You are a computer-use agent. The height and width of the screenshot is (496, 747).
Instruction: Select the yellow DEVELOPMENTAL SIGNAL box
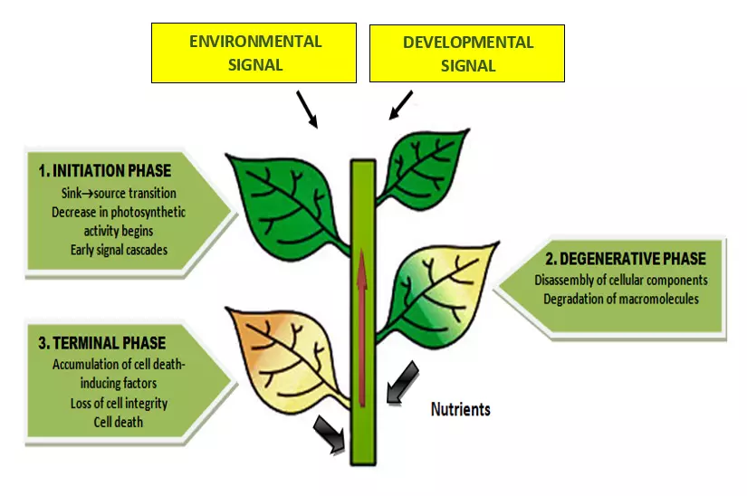(467, 53)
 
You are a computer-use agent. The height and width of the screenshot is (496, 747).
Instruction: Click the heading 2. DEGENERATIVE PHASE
(620, 259)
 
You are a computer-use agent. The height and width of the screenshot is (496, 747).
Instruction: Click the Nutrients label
(460, 409)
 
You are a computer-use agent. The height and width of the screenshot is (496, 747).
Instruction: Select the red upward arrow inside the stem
(362, 326)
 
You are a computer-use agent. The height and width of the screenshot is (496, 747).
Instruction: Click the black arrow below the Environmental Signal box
(308, 110)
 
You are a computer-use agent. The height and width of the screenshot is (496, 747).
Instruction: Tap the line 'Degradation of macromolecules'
(621, 299)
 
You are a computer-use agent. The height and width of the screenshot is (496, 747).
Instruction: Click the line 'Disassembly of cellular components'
(621, 280)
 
